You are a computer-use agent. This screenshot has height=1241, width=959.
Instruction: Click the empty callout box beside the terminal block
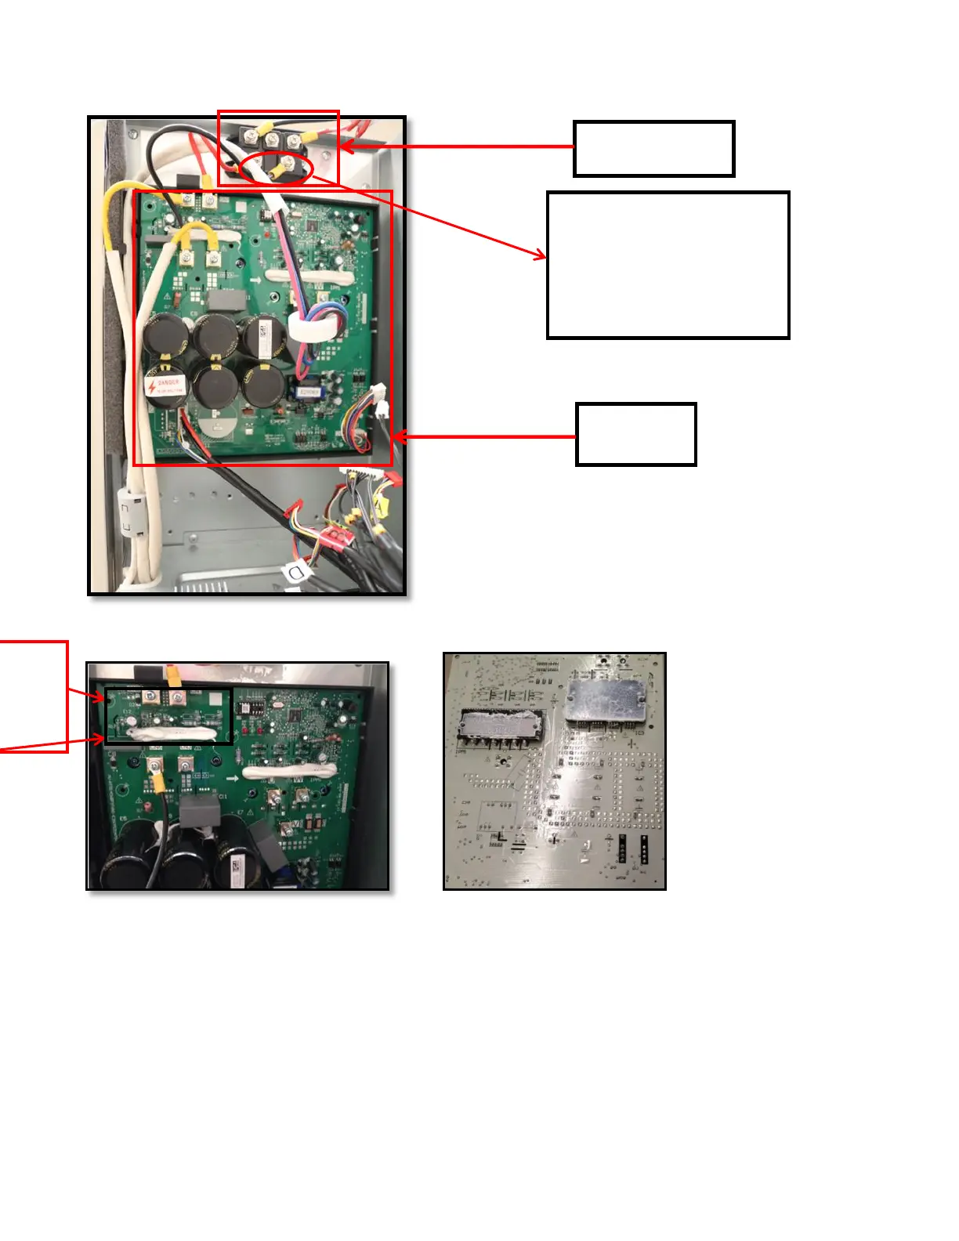tap(653, 149)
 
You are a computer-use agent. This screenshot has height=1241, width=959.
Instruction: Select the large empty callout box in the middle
tap(668, 265)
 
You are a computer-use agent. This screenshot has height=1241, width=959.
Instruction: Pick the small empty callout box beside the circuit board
tap(635, 435)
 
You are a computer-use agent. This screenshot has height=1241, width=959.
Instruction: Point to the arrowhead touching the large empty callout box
tap(541, 255)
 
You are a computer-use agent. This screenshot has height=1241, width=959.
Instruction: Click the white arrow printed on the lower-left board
tap(233, 779)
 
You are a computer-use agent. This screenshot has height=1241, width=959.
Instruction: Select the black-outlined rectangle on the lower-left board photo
tap(169, 716)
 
